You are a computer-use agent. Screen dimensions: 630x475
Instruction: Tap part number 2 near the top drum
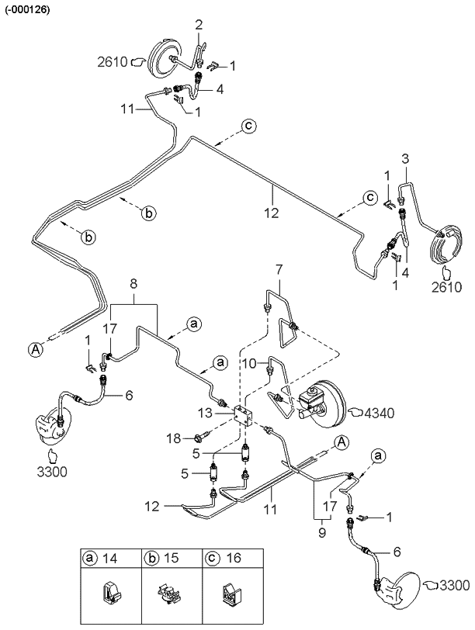[198, 26]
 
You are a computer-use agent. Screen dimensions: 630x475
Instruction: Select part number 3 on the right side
[405, 159]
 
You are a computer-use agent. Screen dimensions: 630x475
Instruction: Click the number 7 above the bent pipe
[277, 270]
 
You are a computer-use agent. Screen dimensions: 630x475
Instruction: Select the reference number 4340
[380, 412]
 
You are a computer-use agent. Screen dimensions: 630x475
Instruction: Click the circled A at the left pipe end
[36, 350]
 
